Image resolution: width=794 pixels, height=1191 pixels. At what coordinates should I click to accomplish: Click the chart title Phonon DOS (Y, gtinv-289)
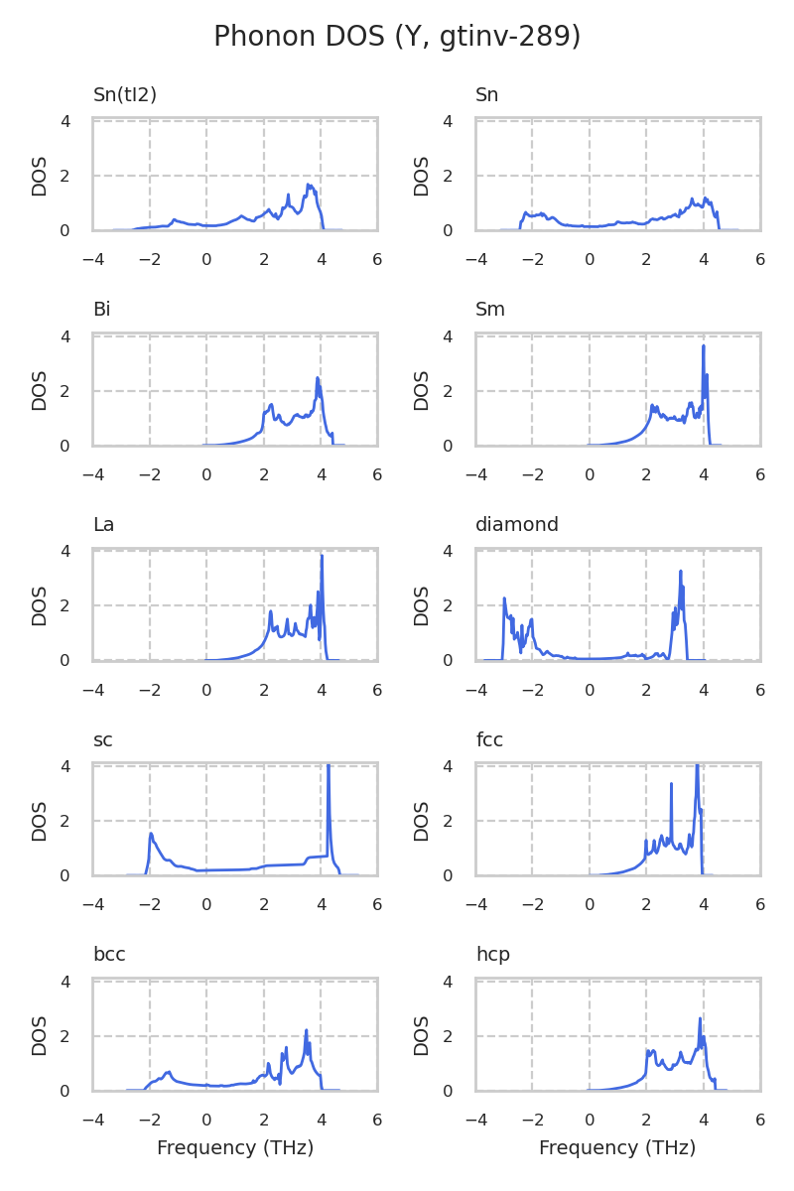click(397, 37)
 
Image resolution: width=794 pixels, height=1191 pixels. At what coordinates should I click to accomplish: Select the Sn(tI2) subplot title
click(125, 95)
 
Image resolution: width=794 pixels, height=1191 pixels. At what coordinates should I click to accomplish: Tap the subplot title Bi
click(101, 310)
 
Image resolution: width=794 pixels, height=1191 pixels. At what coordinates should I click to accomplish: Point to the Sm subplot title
click(490, 310)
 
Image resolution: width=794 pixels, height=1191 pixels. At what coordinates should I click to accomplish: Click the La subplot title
click(103, 525)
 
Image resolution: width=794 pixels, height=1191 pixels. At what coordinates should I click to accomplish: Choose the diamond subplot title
click(516, 525)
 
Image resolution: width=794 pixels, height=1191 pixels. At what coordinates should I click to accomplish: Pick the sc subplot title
click(102, 740)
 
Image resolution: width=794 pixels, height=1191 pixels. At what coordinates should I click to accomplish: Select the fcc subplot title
click(489, 740)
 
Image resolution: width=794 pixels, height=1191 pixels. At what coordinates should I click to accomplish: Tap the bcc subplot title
click(109, 955)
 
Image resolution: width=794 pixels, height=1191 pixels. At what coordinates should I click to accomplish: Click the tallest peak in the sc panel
click(328, 765)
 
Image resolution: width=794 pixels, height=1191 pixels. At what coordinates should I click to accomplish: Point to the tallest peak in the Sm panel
click(704, 345)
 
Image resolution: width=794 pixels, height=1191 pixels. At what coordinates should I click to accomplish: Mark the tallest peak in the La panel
click(322, 556)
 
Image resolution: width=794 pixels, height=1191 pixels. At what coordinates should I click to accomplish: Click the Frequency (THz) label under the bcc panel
click(235, 1148)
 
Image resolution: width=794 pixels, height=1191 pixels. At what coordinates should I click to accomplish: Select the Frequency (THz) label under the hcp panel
click(617, 1148)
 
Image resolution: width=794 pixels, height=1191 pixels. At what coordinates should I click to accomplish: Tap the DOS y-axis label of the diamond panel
click(422, 605)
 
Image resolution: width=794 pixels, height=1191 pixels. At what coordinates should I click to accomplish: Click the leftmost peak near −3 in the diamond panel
click(504, 598)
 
